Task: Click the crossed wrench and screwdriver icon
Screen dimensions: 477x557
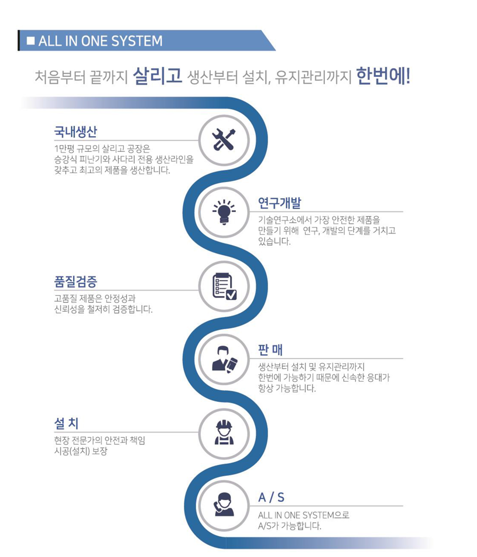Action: pyautogui.click(x=224, y=140)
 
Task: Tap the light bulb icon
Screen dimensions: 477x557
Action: pyautogui.click(x=224, y=212)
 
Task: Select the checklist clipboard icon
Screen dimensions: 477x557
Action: pyautogui.click(x=224, y=286)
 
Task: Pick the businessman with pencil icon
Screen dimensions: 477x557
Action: pyautogui.click(x=224, y=360)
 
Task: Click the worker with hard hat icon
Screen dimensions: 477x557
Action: pyautogui.click(x=224, y=433)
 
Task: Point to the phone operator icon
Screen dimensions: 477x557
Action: pyautogui.click(x=224, y=505)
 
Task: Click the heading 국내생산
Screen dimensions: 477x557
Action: pyautogui.click(x=75, y=132)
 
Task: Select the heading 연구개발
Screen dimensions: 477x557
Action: pyautogui.click(x=280, y=203)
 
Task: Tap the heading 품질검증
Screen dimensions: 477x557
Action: pyautogui.click(x=75, y=282)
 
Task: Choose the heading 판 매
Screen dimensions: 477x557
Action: pyautogui.click(x=270, y=351)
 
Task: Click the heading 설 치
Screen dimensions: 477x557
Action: pyautogui.click(x=66, y=424)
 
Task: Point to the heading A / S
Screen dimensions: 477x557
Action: pyautogui.click(x=271, y=498)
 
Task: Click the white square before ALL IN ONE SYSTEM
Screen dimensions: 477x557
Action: pyautogui.click(x=31, y=41)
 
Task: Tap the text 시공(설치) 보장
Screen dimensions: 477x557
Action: pyautogui.click(x=81, y=452)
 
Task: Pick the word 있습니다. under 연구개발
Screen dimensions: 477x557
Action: pyautogui.click(x=274, y=242)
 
